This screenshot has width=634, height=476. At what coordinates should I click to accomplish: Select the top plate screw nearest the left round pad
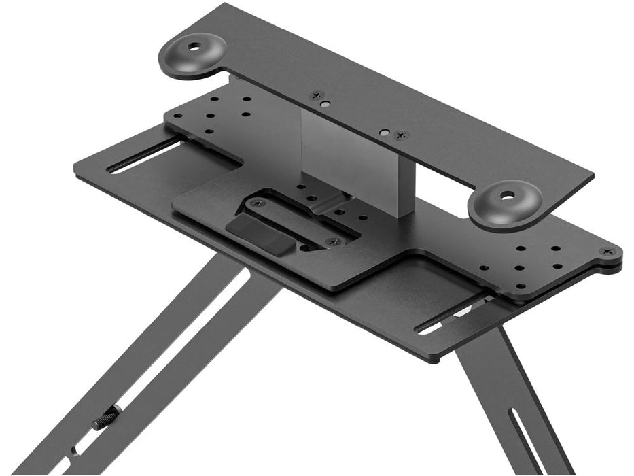tap(315, 96)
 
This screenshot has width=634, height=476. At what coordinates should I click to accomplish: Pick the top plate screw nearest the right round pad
tap(402, 135)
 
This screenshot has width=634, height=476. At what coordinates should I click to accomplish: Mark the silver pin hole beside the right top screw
tap(385, 131)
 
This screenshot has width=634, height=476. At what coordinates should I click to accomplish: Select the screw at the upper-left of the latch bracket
tap(256, 202)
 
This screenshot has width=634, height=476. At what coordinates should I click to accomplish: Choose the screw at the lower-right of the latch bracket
tap(332, 241)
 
